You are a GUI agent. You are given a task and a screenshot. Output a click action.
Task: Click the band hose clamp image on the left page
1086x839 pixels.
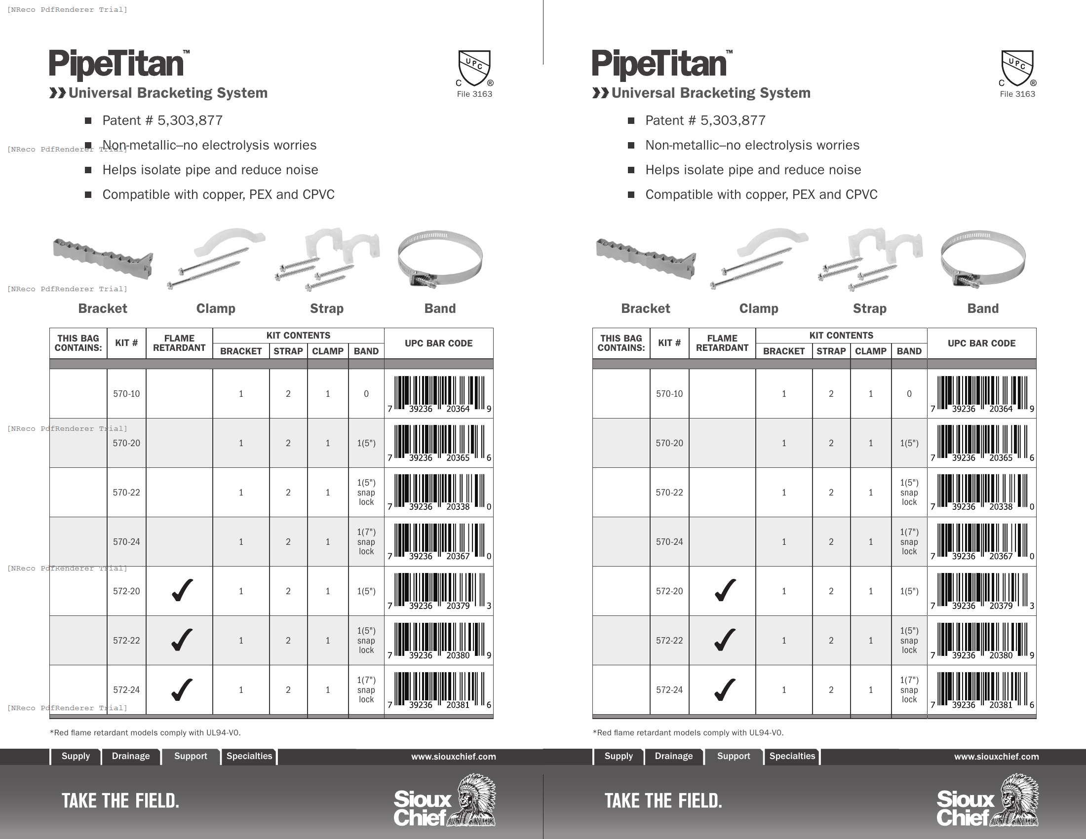click(x=439, y=259)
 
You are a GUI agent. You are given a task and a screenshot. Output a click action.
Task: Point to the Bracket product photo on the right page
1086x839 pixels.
click(x=646, y=259)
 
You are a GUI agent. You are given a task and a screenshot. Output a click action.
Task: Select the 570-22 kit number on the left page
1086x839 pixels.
click(x=126, y=493)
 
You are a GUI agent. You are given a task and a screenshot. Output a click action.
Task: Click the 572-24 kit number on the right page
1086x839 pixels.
click(x=669, y=690)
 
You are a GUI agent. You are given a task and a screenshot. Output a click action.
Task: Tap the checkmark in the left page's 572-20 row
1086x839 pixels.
click(x=182, y=590)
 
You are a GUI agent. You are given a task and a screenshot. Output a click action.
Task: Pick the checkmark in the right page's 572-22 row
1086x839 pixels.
click(x=725, y=640)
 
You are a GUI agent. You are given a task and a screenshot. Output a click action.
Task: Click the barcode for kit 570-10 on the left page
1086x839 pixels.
click(x=439, y=393)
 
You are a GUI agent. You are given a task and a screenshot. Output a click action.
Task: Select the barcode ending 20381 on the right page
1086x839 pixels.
click(x=982, y=689)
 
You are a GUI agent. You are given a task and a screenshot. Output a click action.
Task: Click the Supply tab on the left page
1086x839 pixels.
click(x=76, y=756)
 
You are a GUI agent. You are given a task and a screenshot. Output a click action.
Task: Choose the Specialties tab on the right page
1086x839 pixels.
click(x=792, y=756)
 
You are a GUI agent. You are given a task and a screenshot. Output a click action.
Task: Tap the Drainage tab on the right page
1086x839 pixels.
click(x=673, y=756)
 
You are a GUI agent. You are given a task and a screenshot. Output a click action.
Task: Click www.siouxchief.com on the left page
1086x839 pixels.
click(x=454, y=757)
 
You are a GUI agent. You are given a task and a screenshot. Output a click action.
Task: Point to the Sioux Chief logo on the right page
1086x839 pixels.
click(x=987, y=801)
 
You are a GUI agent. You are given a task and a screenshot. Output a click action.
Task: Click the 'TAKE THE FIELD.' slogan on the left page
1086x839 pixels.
click(x=120, y=801)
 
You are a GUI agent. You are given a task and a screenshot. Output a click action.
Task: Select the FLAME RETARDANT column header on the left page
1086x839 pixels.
click(x=179, y=343)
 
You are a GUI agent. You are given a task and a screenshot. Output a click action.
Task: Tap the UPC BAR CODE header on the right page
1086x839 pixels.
click(x=981, y=343)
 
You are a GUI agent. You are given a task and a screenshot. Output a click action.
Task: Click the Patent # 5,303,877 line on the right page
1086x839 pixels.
click(x=705, y=120)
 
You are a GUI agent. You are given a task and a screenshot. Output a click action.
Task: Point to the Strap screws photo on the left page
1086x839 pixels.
click(x=327, y=259)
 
